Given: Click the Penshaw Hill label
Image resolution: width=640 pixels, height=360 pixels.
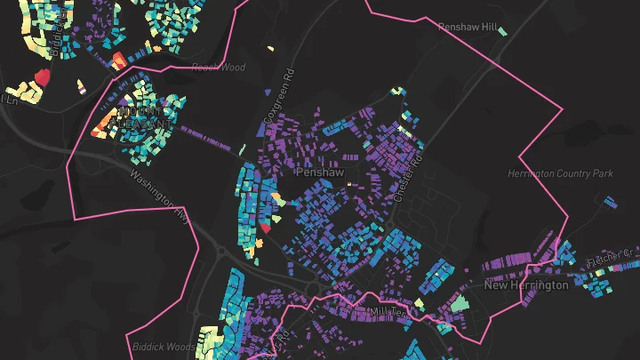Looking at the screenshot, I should coord(468,28).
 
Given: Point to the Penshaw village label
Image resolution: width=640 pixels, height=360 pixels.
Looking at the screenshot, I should coord(318,172).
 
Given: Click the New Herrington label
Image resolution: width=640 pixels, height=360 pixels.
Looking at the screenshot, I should coord(525,285).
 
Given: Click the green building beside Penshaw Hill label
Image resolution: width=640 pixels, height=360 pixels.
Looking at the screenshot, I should coord(503,32).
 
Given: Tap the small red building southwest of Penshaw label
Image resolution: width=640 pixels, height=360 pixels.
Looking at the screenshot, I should coord(266,228).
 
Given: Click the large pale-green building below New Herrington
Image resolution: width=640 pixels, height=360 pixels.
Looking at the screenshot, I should coord(458,303).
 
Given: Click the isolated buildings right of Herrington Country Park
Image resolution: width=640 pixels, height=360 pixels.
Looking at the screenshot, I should coord(608,201).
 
